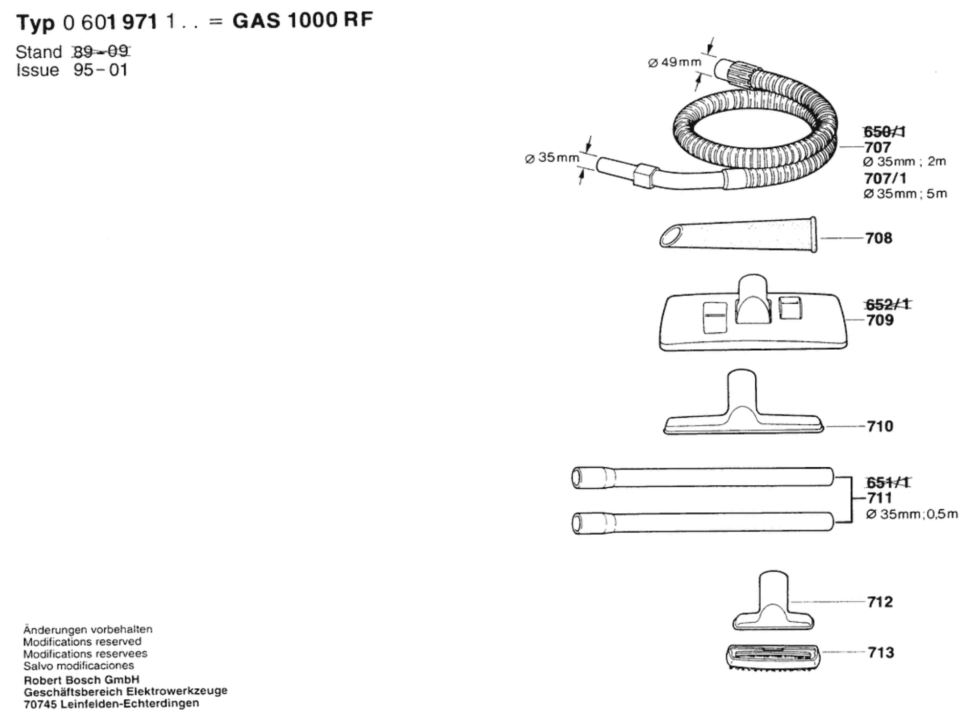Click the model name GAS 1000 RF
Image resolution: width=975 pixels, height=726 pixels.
[x=303, y=20]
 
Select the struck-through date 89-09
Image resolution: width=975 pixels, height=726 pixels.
[x=101, y=51]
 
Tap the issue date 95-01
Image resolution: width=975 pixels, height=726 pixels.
[x=100, y=70]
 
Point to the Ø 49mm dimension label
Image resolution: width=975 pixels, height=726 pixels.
[x=675, y=62]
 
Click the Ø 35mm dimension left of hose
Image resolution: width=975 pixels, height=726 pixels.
[x=552, y=158]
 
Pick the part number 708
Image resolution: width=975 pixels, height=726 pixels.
[x=878, y=238]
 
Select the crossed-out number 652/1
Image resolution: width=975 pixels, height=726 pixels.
[x=887, y=304]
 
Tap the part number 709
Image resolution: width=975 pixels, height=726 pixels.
[x=880, y=320]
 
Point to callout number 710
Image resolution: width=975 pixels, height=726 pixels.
[x=880, y=426]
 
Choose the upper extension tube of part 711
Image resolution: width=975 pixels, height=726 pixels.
[x=703, y=478]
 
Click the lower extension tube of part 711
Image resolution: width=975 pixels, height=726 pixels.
[x=703, y=523]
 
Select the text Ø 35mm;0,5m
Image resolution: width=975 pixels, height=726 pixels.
[x=912, y=514]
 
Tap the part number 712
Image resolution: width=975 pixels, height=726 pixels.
[x=880, y=602]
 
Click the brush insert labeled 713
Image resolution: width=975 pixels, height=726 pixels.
[x=773, y=656]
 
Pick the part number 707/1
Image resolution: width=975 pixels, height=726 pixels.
[x=885, y=178]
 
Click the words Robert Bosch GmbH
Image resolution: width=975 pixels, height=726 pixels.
[x=82, y=679]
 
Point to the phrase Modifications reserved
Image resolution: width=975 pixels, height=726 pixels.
[x=82, y=641]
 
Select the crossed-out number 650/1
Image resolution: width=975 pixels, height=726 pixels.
[x=884, y=132]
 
